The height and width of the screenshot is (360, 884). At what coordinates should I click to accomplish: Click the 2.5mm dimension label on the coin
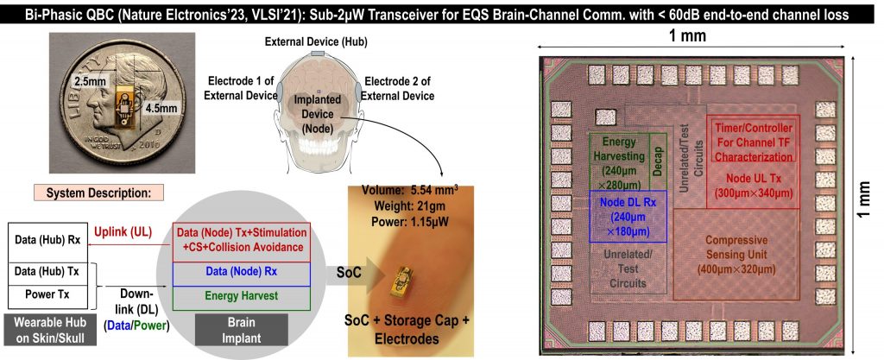tap(91, 80)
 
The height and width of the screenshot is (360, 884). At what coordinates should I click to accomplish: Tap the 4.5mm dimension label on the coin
tap(160, 110)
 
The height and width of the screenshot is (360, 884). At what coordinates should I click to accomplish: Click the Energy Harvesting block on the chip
tap(618, 159)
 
